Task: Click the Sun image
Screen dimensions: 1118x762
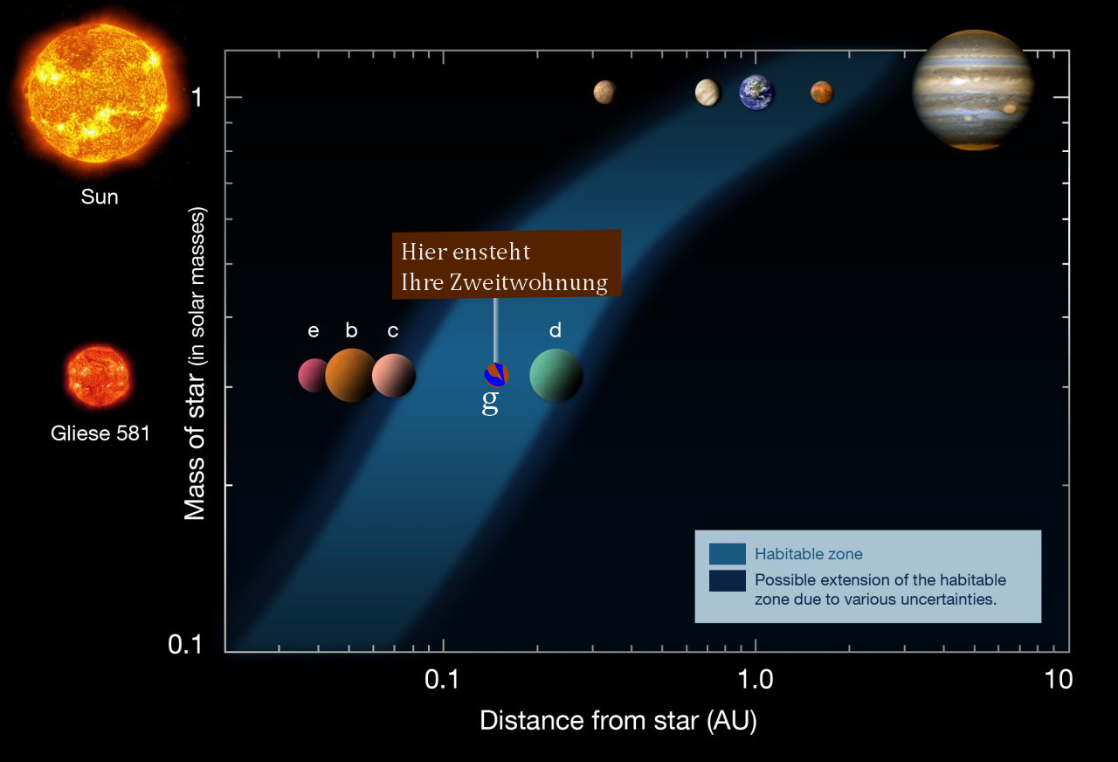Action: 97,94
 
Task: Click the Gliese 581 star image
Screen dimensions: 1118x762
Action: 99,377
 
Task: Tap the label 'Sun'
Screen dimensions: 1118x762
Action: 100,197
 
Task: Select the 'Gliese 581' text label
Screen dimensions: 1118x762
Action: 100,433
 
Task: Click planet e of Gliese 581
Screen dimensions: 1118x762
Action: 313,376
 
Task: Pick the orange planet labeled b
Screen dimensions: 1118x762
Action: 351,376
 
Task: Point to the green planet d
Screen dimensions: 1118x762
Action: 556,376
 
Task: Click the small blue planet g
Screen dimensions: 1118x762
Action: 497,375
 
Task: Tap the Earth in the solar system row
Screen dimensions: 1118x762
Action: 756,93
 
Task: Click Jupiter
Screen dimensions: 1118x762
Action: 973,90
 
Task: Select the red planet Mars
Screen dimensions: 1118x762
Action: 822,93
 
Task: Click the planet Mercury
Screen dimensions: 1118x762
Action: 604,93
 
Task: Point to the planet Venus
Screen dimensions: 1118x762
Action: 707,93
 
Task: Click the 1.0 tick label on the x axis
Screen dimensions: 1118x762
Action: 756,680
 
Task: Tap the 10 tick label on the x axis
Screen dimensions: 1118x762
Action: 1058,680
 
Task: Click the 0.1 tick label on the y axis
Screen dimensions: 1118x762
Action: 185,644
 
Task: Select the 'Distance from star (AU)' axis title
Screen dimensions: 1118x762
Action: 618,721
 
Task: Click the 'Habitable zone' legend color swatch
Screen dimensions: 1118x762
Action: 728,554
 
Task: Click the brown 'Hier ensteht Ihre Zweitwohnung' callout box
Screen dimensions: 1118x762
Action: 507,264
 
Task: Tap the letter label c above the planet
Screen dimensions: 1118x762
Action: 393,330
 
